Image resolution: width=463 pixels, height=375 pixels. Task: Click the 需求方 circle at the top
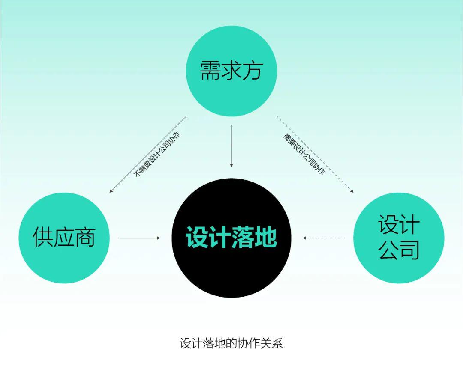(x=231, y=71)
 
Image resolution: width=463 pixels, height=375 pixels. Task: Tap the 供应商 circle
(x=64, y=238)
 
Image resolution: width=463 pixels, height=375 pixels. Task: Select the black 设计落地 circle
(x=231, y=238)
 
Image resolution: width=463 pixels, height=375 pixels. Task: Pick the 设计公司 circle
(x=399, y=238)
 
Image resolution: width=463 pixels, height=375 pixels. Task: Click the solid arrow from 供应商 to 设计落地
(x=139, y=238)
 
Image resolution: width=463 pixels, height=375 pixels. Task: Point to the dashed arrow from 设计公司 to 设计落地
(x=324, y=238)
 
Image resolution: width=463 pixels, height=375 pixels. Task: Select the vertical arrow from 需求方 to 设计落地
(x=231, y=146)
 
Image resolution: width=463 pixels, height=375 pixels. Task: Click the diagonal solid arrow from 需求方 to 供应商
(x=147, y=155)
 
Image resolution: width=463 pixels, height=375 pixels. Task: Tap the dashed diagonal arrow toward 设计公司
(x=315, y=155)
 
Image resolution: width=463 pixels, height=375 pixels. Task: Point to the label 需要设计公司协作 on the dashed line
(x=304, y=154)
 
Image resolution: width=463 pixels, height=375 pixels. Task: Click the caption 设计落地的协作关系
(x=231, y=343)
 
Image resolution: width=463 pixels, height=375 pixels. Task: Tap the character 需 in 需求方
(x=210, y=71)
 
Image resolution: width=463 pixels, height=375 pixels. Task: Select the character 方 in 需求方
(x=253, y=71)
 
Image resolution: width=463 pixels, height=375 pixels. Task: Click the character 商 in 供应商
(x=85, y=237)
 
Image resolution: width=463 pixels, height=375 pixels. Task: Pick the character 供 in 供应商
(x=43, y=237)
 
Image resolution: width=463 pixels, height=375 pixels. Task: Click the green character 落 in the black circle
(x=243, y=237)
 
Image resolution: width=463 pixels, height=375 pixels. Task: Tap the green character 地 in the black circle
(x=266, y=237)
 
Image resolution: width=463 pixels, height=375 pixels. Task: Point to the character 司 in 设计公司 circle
(x=409, y=250)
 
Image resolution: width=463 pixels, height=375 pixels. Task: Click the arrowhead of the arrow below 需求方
(x=231, y=165)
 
